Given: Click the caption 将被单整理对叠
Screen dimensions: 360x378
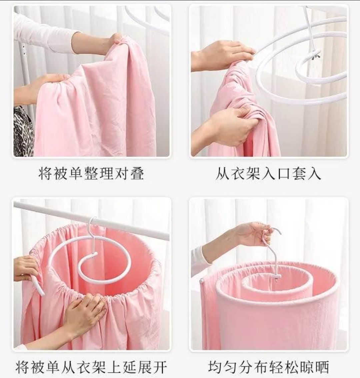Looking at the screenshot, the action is click(x=91, y=173).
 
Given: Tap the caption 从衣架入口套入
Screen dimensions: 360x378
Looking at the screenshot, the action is click(x=268, y=173).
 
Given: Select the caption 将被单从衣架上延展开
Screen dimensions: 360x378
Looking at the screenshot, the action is click(x=91, y=367).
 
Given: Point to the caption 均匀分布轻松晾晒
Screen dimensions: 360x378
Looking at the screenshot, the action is click(x=268, y=367).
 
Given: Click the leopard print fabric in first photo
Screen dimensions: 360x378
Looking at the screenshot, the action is click(x=23, y=131).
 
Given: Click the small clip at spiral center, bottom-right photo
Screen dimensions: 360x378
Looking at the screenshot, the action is click(x=275, y=279).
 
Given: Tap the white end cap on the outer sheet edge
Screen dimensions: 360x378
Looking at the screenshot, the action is click(x=202, y=281).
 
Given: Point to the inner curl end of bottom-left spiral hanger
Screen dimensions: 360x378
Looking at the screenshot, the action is click(x=94, y=254).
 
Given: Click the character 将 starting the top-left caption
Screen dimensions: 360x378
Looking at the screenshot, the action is click(x=45, y=173).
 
